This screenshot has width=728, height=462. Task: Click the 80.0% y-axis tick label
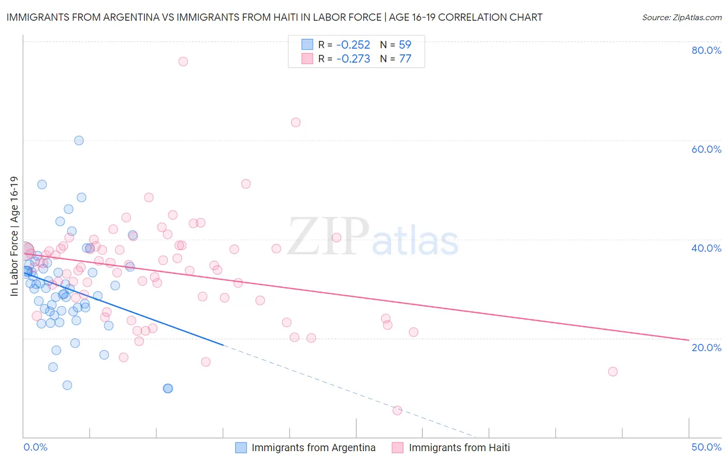click(706, 50)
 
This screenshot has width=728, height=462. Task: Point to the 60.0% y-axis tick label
click(706, 149)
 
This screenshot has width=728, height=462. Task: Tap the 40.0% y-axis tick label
click(706, 248)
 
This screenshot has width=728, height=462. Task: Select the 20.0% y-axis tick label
click(706, 348)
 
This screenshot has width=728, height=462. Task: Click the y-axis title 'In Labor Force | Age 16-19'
click(14, 236)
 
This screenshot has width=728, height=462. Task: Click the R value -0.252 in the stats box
click(353, 45)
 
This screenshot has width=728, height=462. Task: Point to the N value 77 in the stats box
click(405, 59)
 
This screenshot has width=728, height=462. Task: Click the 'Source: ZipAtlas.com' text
click(681, 18)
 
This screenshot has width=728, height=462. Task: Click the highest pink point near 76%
click(183, 61)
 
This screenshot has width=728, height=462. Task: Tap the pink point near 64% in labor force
click(296, 122)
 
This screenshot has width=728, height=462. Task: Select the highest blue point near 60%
click(79, 140)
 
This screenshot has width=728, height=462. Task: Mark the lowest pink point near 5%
click(397, 410)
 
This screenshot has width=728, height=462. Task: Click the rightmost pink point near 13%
click(613, 371)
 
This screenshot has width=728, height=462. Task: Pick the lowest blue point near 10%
click(168, 388)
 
